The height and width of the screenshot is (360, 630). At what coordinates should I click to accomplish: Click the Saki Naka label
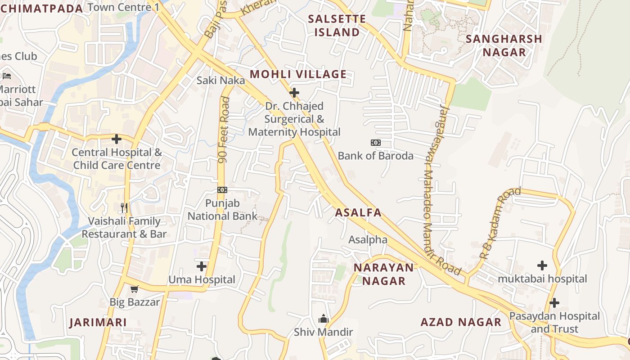tap(220, 81)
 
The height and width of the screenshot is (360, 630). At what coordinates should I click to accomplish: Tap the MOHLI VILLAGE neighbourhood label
tap(298, 74)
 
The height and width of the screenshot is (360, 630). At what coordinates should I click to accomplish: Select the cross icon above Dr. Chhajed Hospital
tap(294, 93)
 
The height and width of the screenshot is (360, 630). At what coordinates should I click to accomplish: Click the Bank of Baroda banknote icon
tap(375, 143)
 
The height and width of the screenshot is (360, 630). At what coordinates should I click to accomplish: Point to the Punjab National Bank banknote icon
tap(222, 190)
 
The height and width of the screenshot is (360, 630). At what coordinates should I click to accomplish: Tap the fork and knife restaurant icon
tap(125, 207)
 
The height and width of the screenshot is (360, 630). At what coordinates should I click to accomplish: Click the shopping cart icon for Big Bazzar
tap(134, 289)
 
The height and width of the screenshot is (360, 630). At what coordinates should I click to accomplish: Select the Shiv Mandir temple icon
tap(323, 319)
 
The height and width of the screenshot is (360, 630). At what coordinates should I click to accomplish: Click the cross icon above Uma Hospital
tap(202, 266)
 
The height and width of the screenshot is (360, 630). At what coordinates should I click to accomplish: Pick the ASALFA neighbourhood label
tap(358, 213)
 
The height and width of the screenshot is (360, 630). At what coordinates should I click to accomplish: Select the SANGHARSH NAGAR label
tap(504, 45)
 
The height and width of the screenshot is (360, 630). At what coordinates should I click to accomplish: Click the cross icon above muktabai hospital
tap(542, 265)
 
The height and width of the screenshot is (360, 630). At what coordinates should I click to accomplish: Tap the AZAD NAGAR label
tap(461, 322)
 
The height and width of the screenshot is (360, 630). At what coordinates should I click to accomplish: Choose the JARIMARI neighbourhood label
tap(98, 323)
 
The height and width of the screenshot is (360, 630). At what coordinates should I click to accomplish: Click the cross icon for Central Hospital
tap(117, 139)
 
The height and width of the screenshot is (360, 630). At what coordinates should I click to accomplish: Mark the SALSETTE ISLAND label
tap(337, 26)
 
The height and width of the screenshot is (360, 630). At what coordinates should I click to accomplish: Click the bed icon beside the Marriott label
tap(6, 76)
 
